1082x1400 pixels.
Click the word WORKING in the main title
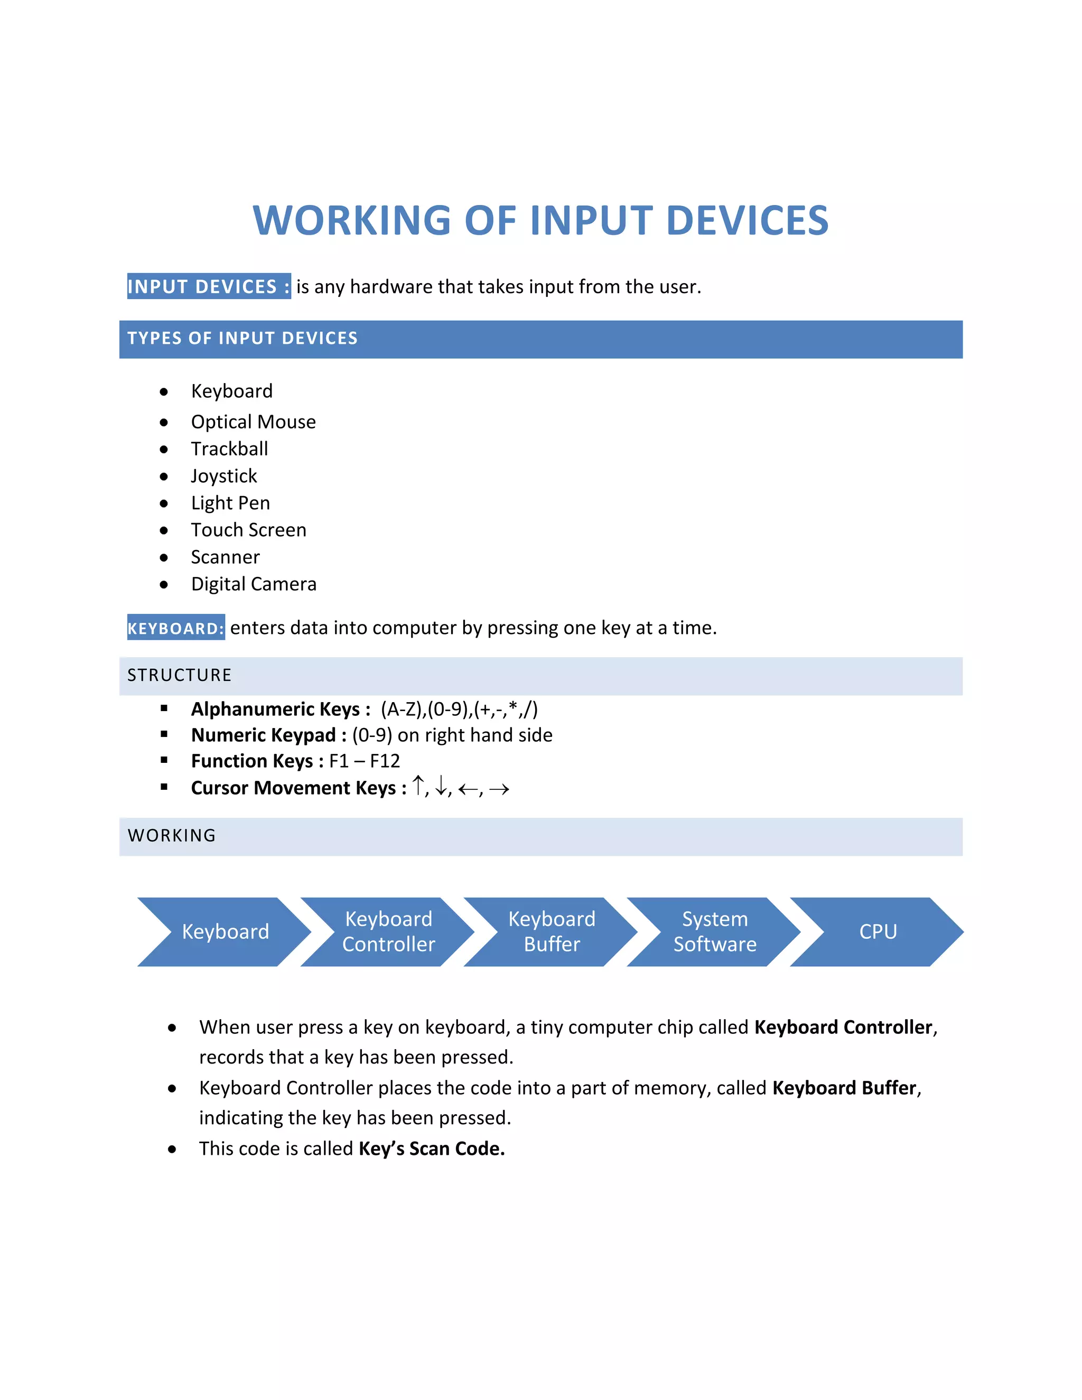(x=352, y=220)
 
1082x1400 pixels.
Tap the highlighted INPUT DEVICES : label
(x=208, y=286)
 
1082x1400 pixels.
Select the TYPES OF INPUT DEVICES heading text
(x=242, y=339)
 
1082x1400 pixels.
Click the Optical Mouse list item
(x=253, y=422)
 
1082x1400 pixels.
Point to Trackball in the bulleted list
(x=229, y=449)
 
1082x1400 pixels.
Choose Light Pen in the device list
(x=230, y=503)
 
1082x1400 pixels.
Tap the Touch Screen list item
(x=249, y=530)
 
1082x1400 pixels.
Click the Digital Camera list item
(x=253, y=584)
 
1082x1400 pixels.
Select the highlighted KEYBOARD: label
(x=175, y=628)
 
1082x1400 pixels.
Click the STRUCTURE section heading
(x=180, y=675)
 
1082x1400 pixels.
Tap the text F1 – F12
(x=364, y=761)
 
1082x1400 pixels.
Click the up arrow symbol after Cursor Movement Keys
(x=418, y=786)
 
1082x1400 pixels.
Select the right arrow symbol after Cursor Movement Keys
(x=499, y=789)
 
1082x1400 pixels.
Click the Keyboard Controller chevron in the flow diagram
(x=388, y=931)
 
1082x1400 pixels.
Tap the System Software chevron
(x=715, y=931)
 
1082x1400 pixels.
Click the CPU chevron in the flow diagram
(x=878, y=931)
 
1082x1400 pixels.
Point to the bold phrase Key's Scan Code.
(x=432, y=1148)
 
